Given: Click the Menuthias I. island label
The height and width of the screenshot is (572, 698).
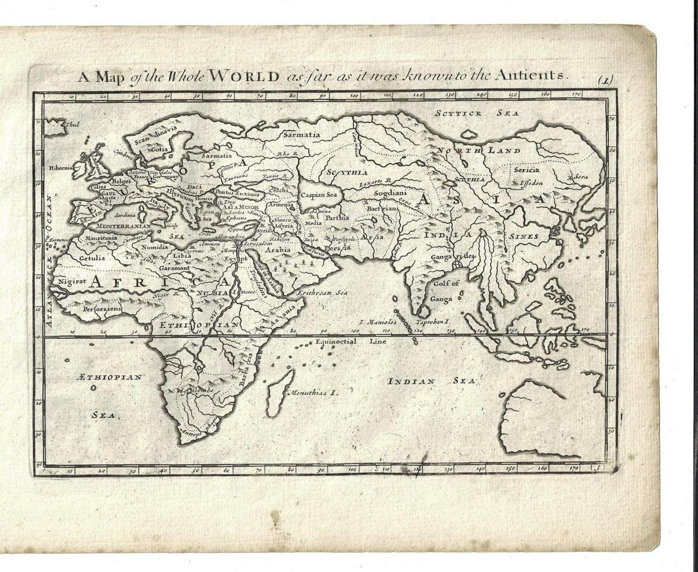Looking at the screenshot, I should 313,392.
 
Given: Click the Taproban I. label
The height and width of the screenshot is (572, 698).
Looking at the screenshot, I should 432,322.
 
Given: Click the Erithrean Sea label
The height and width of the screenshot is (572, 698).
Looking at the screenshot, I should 326,293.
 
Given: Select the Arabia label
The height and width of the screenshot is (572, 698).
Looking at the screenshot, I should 278,249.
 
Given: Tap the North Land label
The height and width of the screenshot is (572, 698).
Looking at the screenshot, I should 478,151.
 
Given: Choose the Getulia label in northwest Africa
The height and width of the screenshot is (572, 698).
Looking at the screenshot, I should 92,259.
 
